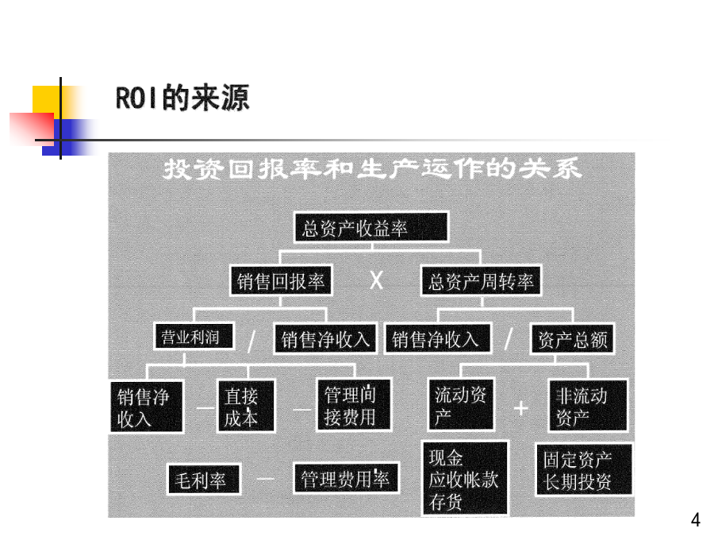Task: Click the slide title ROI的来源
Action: pyautogui.click(x=182, y=98)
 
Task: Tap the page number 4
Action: pyautogui.click(x=696, y=521)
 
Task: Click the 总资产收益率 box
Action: pyautogui.click(x=370, y=228)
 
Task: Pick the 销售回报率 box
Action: pyautogui.click(x=282, y=281)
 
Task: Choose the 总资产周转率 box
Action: pyautogui.click(x=482, y=281)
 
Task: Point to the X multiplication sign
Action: pyautogui.click(x=377, y=281)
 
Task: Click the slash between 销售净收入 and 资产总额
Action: pyautogui.click(x=509, y=340)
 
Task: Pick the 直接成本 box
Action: pyautogui.click(x=246, y=407)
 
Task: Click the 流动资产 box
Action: pyautogui.click(x=462, y=405)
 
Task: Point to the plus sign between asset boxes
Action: pyautogui.click(x=520, y=408)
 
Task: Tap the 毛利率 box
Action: pyautogui.click(x=201, y=480)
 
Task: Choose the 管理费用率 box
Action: pyautogui.click(x=345, y=479)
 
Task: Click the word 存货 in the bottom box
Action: pyautogui.click(x=446, y=502)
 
